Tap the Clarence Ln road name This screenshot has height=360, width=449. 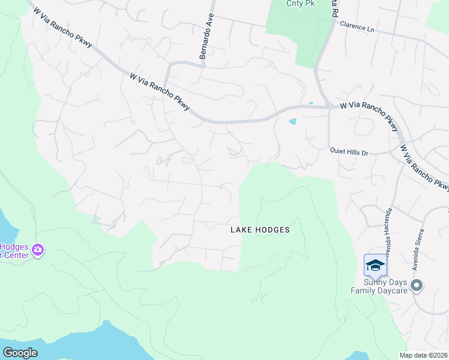[357, 25]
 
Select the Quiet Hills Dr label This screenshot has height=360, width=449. [349, 152]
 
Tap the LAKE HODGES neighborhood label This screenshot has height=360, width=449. [261, 230]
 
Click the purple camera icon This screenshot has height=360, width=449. [38, 250]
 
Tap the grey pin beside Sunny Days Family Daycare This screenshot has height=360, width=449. [417, 286]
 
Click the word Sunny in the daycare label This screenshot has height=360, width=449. [375, 282]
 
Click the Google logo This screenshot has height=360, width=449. [20, 353]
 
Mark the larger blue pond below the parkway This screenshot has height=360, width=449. [292, 121]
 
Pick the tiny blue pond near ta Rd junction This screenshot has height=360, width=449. [310, 103]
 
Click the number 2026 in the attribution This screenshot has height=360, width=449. [439, 355]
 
